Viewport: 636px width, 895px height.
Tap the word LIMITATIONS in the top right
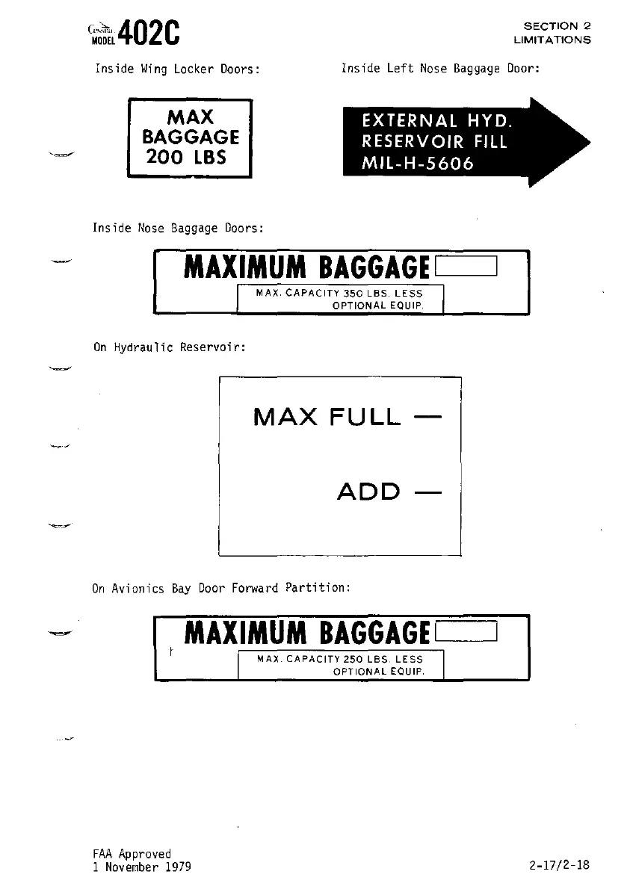coord(552,40)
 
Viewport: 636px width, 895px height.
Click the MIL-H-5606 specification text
coord(417,164)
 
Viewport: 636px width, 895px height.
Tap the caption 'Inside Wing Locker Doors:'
coord(177,69)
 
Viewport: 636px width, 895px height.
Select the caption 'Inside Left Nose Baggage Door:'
coord(440,69)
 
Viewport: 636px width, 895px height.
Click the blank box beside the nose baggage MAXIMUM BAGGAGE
coord(465,265)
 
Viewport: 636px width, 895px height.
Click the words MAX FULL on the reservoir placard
coord(327,417)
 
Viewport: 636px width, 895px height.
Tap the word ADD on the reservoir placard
coord(368,492)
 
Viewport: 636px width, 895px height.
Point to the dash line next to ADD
coord(427,492)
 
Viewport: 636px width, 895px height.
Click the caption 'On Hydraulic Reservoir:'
coord(169,347)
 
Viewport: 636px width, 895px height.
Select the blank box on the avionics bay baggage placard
coord(465,634)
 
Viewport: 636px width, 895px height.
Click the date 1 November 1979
coord(142,867)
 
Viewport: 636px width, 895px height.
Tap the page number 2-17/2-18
coord(558,865)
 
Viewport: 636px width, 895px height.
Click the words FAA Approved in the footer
coord(132,853)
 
